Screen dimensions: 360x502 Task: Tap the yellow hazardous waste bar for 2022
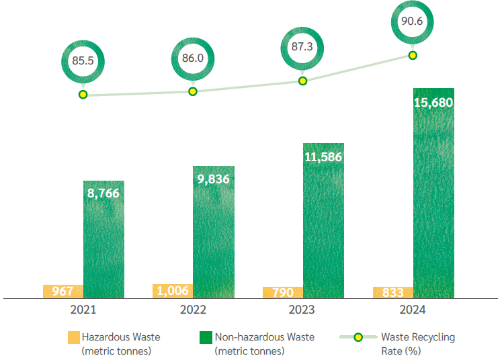[173, 291]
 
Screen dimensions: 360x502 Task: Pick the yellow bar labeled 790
[283, 292]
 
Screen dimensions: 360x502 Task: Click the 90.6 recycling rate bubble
[412, 22]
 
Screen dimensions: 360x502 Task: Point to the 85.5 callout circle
[83, 61]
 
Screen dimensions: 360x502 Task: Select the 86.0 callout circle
[192, 58]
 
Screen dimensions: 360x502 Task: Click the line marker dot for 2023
[302, 81]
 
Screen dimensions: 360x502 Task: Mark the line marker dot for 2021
[83, 95]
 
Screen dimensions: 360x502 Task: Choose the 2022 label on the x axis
[193, 310]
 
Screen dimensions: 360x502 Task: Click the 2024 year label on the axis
[412, 310]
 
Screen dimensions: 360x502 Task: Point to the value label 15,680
[433, 103]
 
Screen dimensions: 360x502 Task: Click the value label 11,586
[323, 157]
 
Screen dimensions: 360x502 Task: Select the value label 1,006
[173, 291]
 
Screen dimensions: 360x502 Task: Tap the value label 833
[392, 292]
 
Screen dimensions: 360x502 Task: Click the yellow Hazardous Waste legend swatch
[73, 337]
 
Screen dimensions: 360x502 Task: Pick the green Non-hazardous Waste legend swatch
[205, 337]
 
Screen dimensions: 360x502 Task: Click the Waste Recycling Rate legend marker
[358, 337]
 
